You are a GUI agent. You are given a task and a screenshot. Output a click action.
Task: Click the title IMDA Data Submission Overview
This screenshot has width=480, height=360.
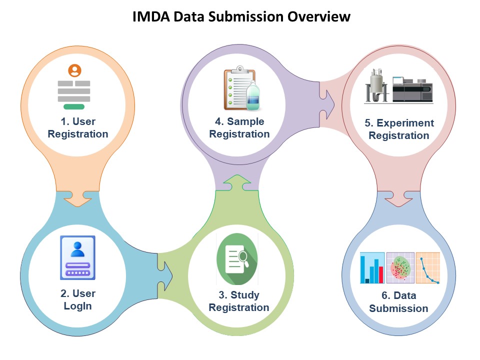[x=241, y=16]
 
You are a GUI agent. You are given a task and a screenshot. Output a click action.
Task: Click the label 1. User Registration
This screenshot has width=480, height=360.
[x=77, y=127]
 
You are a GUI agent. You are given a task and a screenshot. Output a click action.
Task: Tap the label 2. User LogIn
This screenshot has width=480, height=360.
[x=77, y=299]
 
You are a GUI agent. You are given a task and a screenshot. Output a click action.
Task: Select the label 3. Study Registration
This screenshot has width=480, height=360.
[x=238, y=301]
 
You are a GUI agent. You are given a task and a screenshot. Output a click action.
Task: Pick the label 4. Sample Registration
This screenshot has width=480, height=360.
[x=239, y=127]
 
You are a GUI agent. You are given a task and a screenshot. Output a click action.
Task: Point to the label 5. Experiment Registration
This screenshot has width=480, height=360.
[x=398, y=129]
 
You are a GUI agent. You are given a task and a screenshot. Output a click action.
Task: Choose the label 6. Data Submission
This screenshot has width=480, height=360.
[x=398, y=302]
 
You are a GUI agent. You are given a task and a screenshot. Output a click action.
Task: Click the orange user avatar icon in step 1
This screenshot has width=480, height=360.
[x=74, y=70]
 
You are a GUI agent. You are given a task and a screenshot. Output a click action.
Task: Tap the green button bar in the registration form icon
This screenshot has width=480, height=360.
[x=74, y=106]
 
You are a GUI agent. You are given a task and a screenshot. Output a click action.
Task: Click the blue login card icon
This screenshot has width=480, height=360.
[x=77, y=257]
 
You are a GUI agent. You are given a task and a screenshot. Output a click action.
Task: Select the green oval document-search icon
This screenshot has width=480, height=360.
[x=237, y=255]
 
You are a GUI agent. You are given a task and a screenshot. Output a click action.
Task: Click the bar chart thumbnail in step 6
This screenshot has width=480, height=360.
[x=372, y=267]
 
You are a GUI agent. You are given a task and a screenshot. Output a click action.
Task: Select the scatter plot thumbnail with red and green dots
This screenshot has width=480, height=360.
[x=400, y=267]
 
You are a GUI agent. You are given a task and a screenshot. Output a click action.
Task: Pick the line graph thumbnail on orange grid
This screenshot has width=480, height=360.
[x=427, y=267]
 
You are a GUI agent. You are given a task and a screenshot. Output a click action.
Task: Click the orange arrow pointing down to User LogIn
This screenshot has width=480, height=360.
[x=77, y=198]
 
